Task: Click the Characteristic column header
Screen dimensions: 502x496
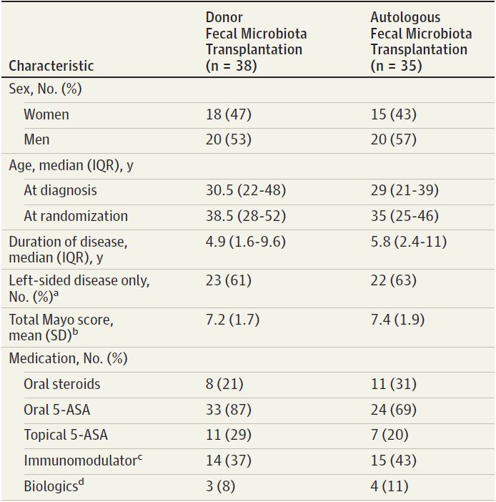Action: click(51, 66)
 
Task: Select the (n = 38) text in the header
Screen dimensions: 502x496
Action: click(231, 66)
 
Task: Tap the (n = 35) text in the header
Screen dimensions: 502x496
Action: click(397, 66)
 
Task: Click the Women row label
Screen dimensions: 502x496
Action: click(46, 114)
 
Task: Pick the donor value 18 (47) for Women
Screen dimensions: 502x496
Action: click(229, 114)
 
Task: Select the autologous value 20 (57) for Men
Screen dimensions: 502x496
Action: click(393, 139)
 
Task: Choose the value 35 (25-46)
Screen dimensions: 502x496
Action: click(405, 215)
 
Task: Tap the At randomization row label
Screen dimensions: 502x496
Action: click(76, 215)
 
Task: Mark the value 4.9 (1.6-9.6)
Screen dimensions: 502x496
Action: click(245, 242)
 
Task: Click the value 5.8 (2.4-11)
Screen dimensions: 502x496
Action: click(408, 242)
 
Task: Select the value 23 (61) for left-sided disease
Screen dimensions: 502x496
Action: click(229, 280)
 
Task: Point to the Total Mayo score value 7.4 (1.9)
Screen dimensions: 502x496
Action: click(397, 319)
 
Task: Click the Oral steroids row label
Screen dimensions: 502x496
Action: click(62, 384)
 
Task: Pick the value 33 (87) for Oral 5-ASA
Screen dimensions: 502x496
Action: click(229, 409)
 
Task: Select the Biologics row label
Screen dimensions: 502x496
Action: click(51, 486)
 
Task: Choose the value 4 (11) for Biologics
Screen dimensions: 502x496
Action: click(390, 486)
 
